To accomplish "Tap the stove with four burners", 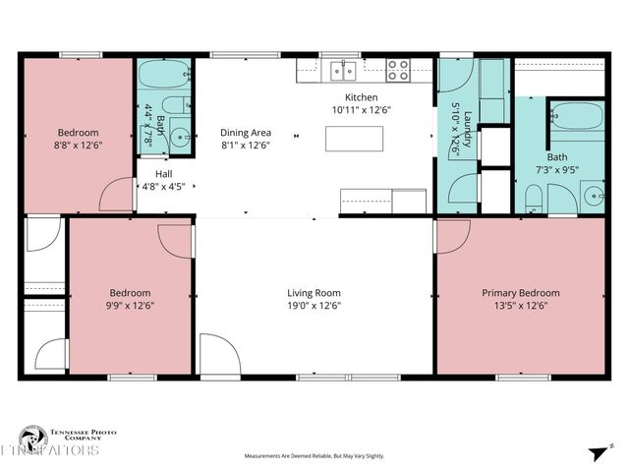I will click(x=398, y=70).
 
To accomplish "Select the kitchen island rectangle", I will click(x=355, y=139).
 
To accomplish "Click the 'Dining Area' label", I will click(x=246, y=133).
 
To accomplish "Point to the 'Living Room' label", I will click(x=314, y=293).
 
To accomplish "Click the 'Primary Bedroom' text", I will click(x=520, y=293).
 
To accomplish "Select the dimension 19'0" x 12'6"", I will click(x=314, y=306).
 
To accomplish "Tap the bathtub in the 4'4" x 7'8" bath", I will click(x=163, y=74).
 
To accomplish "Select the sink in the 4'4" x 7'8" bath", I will click(x=179, y=137).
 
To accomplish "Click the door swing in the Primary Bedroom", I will click(x=452, y=235).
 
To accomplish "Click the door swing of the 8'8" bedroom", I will click(x=121, y=194).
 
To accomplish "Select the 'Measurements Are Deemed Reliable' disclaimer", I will click(x=314, y=456).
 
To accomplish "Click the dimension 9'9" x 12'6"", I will click(x=130, y=306).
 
